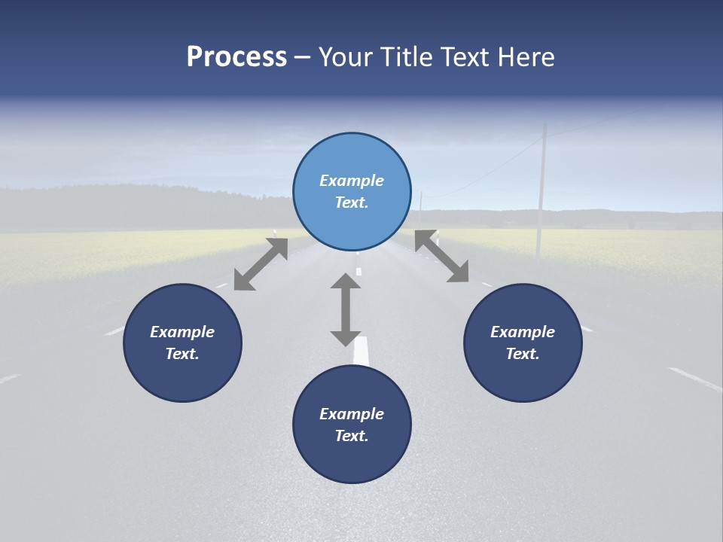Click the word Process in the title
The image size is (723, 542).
(236, 57)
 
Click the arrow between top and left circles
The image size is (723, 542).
(261, 264)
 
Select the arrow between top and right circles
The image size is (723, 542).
(442, 257)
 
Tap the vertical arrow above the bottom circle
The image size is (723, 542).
(346, 309)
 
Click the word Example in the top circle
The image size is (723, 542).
(352, 181)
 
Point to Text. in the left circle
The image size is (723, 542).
(182, 354)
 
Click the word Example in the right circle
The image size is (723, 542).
(523, 332)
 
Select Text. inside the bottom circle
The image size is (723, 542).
(352, 436)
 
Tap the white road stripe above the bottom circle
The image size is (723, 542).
(361, 352)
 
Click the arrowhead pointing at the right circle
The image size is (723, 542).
(459, 273)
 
